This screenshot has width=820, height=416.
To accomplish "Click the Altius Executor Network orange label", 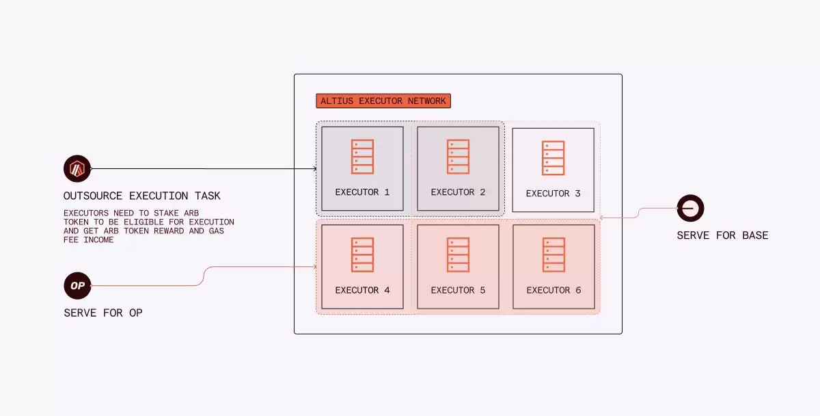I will [x=383, y=101].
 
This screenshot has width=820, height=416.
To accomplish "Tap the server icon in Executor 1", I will [x=362, y=156].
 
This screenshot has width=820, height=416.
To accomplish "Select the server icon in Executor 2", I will [x=458, y=156].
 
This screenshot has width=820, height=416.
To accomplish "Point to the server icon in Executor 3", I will [x=553, y=157].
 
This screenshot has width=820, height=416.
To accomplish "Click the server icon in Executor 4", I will [x=362, y=255].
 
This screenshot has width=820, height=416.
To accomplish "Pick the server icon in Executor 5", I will [x=458, y=255].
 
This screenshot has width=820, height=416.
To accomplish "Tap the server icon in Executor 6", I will [x=553, y=255].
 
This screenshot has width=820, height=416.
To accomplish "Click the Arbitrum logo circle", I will [x=77, y=168].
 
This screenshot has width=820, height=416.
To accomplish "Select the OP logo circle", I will [x=77, y=285].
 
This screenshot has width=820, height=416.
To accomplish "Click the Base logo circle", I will [x=690, y=208].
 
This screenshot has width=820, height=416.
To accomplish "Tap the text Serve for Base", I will [x=722, y=235].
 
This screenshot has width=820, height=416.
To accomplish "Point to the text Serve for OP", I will [x=103, y=313].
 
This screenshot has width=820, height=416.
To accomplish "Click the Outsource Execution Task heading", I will [x=142, y=196].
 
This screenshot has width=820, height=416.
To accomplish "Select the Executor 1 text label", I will [x=362, y=192].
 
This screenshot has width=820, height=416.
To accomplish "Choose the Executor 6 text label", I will [x=553, y=290].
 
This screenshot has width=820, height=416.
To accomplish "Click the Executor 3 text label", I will [x=553, y=194].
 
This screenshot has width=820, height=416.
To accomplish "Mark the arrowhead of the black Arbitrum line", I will [x=314, y=168].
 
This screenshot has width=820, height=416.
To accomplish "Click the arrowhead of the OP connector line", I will [x=314, y=267].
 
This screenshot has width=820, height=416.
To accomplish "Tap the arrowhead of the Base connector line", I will [x=601, y=218].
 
